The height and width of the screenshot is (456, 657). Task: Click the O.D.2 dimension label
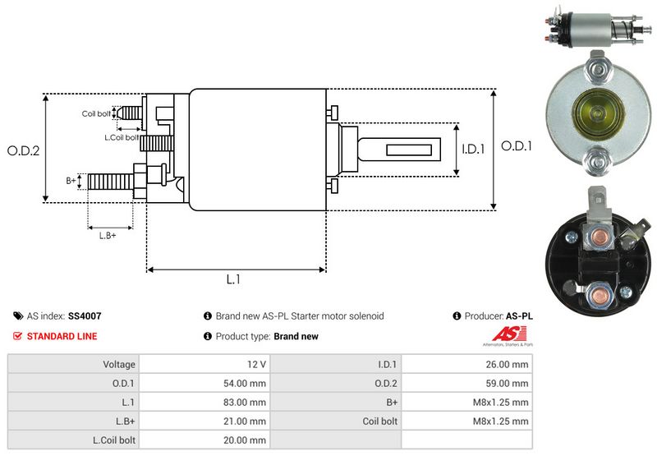(24, 150)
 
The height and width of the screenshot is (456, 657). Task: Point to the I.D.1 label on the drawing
(474, 150)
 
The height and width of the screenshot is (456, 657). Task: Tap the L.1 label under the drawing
(233, 280)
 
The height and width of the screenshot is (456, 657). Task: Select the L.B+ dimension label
(108, 236)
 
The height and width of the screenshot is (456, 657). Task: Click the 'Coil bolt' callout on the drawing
(96, 113)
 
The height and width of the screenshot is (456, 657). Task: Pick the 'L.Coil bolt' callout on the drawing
(122, 137)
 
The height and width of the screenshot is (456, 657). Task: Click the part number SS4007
(85, 316)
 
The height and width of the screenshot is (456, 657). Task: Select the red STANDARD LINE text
(62, 336)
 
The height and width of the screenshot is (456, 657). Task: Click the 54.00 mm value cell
(246, 383)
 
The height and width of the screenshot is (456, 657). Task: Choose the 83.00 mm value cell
(246, 403)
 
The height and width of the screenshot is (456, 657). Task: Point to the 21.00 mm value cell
(246, 421)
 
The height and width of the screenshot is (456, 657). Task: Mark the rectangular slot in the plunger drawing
(410, 150)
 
